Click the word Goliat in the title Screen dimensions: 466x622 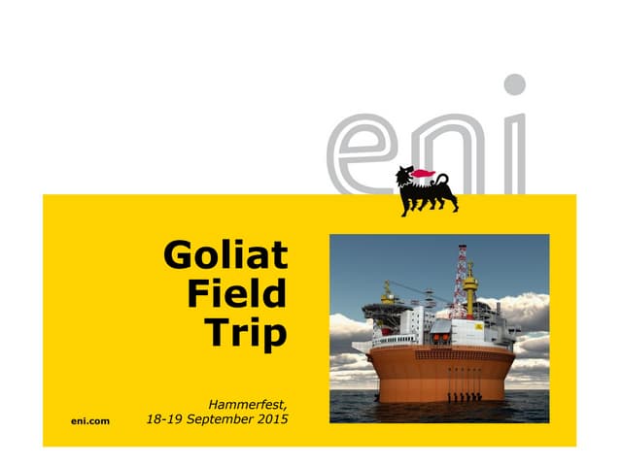coord(225,256)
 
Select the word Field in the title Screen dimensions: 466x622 coord(239,293)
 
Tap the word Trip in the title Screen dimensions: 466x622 coord(248,332)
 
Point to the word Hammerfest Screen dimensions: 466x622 coord(249,403)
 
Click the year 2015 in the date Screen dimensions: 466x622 coord(271,421)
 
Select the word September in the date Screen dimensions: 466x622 coord(217,421)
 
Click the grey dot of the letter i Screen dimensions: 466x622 coord(515,84)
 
